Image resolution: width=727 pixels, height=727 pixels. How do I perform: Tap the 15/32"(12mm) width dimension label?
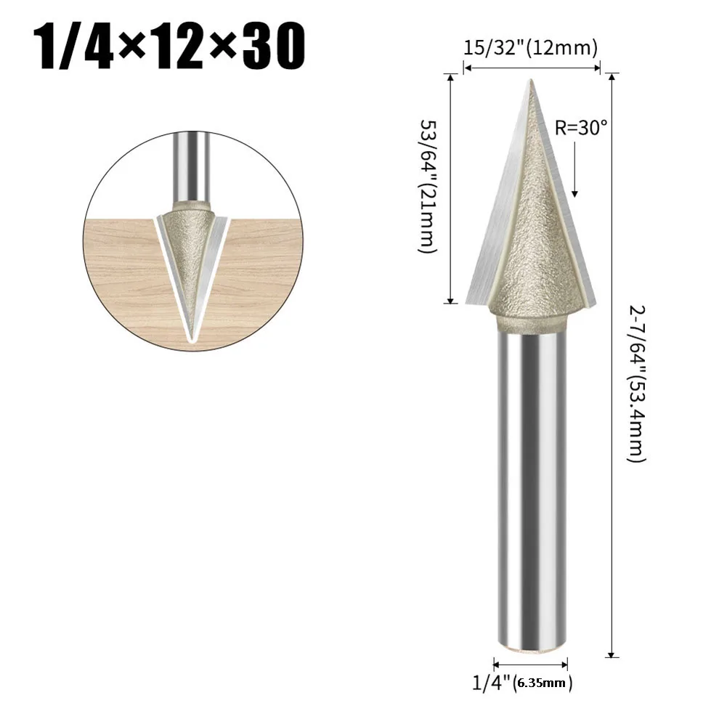(x=531, y=49)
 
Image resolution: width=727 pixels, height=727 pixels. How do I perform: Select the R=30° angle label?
(x=581, y=128)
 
